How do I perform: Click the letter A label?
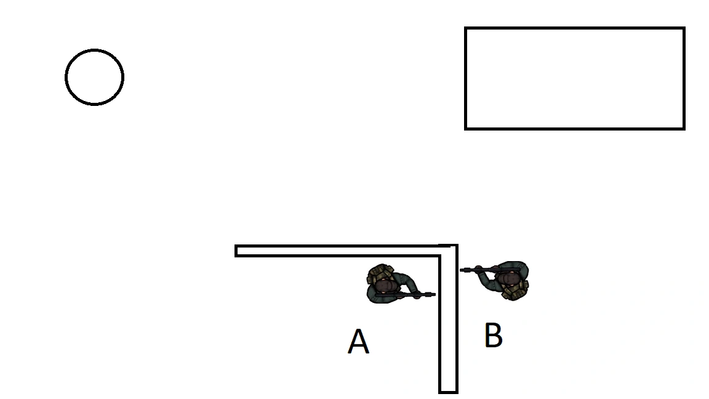click(358, 342)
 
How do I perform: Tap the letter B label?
click(493, 336)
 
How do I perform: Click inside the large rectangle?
click(574, 78)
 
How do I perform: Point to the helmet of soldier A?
click(385, 286)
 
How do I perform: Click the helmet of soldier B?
click(509, 279)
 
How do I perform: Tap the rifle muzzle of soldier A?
click(433, 295)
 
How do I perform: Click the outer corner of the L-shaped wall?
click(457, 246)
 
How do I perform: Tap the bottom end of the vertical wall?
click(448, 391)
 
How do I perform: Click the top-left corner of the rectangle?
click(466, 28)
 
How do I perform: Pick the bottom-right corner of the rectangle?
click(684, 128)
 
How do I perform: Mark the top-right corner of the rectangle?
click(684, 28)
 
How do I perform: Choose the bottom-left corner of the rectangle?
click(466, 128)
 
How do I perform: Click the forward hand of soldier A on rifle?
click(418, 294)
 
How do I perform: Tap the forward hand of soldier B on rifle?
click(479, 270)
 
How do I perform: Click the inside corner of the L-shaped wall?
click(439, 256)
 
